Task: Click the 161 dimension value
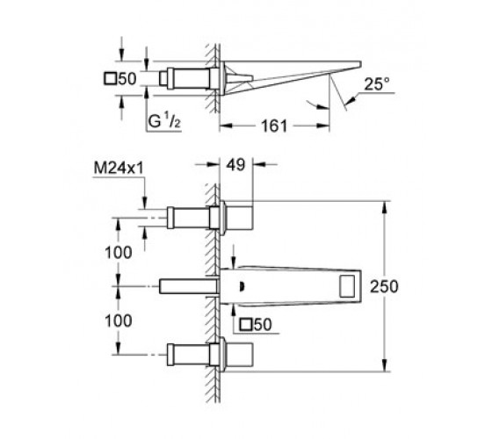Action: (274, 126)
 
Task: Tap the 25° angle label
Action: (377, 84)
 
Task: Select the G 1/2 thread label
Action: (164, 121)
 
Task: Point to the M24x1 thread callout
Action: (119, 169)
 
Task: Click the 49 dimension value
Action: (236, 165)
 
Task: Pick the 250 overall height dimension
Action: (384, 286)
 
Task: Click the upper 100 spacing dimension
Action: (119, 253)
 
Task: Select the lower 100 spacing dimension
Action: (119, 320)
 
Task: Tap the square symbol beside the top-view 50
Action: (110, 79)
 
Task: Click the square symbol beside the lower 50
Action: (245, 325)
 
